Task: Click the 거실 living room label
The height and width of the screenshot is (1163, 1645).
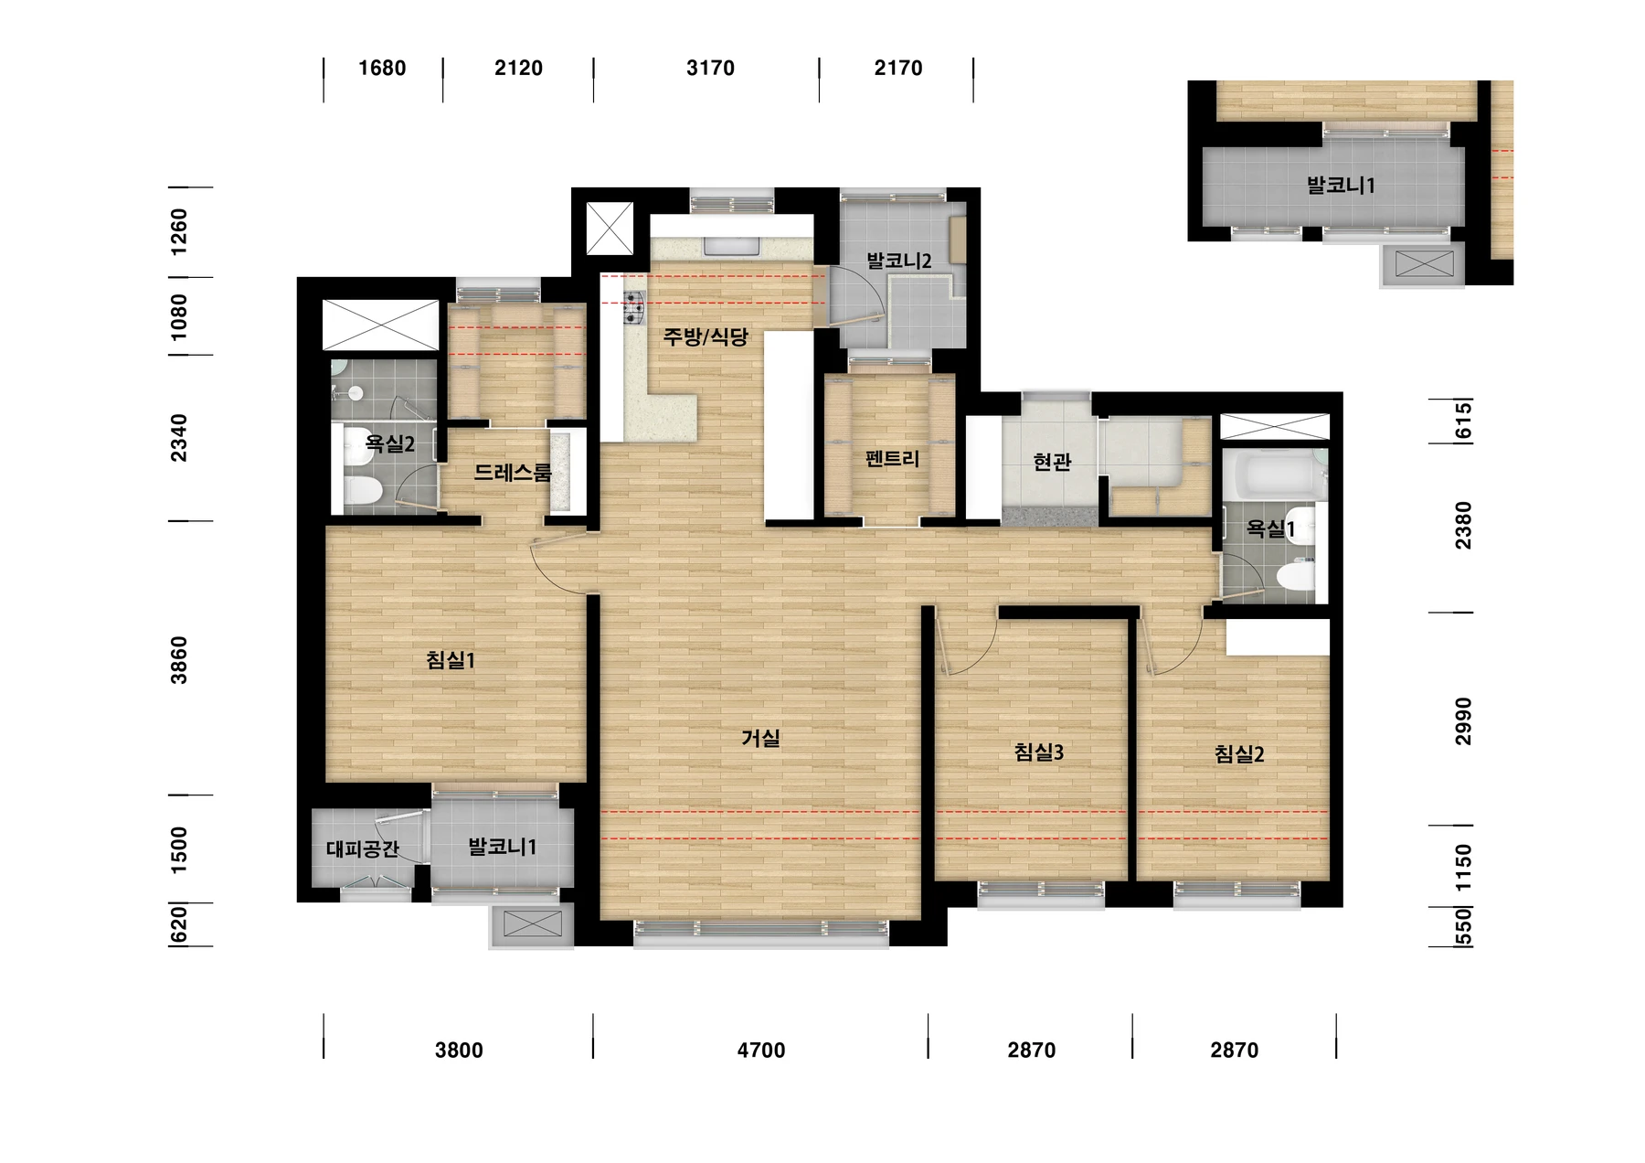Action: pos(760,738)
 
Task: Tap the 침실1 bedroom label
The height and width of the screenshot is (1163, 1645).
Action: pos(451,659)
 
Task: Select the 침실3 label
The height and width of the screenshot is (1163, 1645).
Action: pos(1039,752)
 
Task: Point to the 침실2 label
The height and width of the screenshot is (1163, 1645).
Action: pos(1239,754)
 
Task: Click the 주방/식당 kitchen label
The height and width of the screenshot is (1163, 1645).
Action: pos(706,337)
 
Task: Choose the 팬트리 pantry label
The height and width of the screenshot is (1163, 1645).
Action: pos(891,458)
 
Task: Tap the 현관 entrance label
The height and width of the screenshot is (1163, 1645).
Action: pos(1051,462)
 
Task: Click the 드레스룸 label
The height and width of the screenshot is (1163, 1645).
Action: pos(513,473)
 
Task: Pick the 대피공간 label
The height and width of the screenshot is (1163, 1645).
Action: pos(363,849)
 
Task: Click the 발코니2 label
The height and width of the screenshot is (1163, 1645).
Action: pos(899,261)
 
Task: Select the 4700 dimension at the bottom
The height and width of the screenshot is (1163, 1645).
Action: pos(761,1051)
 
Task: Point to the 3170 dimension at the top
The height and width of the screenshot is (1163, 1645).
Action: pos(710,68)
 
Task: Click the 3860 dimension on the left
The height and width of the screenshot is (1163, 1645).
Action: pos(179,660)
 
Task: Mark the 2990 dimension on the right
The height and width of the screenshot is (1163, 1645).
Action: pos(1464,721)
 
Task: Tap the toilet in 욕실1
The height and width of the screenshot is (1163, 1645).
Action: pos(1296,576)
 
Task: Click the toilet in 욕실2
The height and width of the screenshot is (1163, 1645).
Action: pos(362,492)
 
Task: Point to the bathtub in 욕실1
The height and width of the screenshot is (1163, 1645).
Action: pos(1273,475)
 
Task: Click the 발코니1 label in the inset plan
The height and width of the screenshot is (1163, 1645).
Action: pos(1341,186)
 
